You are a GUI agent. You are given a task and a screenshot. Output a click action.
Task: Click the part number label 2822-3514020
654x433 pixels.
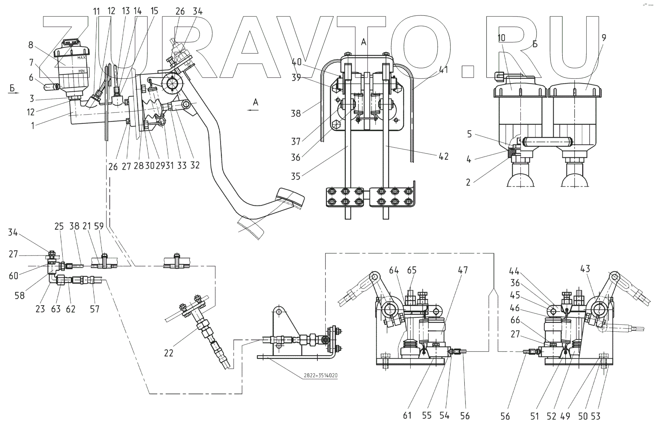320,376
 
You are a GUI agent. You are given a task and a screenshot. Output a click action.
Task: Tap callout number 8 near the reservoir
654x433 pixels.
31,45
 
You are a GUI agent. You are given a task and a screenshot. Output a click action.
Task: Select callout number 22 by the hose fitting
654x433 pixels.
169,353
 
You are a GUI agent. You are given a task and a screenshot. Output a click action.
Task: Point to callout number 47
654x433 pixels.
463,270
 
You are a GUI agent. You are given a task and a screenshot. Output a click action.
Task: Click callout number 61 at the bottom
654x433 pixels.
407,416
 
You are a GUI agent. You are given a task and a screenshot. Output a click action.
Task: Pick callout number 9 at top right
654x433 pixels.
603,37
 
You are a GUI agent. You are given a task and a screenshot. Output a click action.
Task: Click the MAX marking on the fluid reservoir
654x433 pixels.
81,58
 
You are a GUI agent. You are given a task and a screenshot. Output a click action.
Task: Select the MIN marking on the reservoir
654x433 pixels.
81,70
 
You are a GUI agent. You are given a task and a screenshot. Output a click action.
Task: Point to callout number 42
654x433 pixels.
444,156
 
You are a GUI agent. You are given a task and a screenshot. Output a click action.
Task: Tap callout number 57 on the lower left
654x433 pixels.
95,309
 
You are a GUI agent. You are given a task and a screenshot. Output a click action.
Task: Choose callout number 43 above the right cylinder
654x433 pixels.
585,269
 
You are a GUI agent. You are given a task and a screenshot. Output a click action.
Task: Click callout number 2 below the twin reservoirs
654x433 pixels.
468,182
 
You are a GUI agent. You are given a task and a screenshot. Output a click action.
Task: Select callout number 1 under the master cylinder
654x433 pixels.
33,126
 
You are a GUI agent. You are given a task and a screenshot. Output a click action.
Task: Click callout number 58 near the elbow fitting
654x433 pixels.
20,295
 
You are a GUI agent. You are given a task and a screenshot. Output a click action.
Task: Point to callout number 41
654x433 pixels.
444,69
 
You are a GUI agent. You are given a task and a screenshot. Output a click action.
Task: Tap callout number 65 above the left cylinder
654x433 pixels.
412,270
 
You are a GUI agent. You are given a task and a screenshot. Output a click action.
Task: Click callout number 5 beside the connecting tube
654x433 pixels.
469,134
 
